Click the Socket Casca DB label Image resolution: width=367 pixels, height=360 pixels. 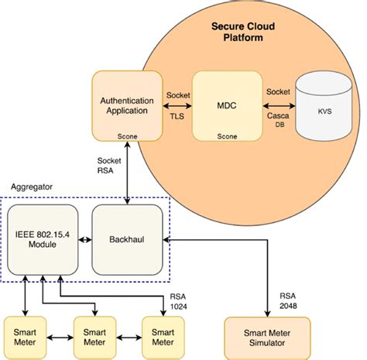tap(279, 106)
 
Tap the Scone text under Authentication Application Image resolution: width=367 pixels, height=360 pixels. tap(129, 135)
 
